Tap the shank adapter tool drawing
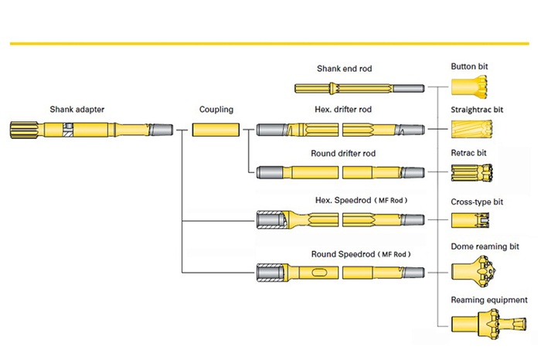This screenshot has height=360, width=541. pyautogui.click(x=91, y=129)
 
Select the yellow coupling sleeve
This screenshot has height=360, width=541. pyautogui.click(x=216, y=129)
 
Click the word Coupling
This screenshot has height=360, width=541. pyautogui.click(x=216, y=110)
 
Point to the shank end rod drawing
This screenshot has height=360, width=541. pyautogui.click(x=359, y=87)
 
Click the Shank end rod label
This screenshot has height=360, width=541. pyautogui.click(x=344, y=69)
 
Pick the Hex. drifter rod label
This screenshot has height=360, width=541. pyautogui.click(x=343, y=110)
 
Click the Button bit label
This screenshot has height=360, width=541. pyautogui.click(x=469, y=67)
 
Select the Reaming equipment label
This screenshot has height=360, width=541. pyautogui.click(x=489, y=300)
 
